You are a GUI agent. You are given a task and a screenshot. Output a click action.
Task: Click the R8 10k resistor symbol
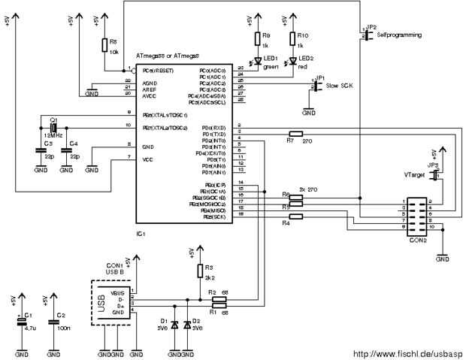coord(104,46)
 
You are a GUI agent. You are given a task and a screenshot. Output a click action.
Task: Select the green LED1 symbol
coord(256,59)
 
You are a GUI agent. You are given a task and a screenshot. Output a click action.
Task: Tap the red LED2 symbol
coord(292,59)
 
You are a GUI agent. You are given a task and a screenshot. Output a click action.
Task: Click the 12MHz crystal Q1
coord(53,129)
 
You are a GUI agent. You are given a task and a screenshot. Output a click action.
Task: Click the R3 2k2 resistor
coord(199,270)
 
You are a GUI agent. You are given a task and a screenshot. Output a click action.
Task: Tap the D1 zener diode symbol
coord(175,326)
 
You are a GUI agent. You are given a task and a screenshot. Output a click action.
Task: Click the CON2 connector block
coord(418,213)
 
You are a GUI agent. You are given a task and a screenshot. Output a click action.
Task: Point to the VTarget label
coord(414,174)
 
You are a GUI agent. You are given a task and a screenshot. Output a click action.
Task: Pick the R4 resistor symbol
coord(295,217)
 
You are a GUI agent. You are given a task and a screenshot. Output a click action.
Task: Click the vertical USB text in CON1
coord(101,301)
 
